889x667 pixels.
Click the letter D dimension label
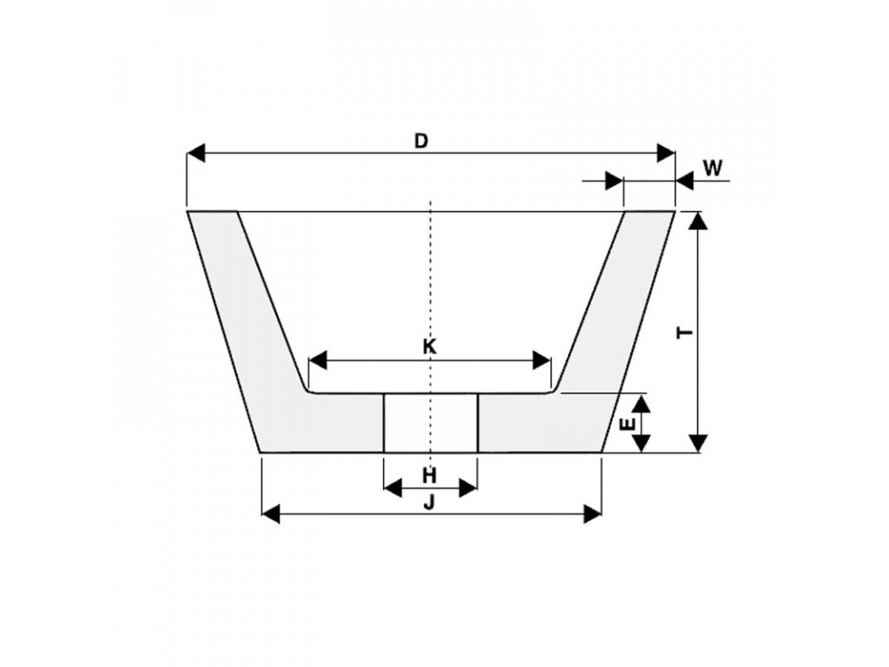[421, 141]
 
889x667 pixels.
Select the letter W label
[713, 168]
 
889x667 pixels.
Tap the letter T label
[686, 332]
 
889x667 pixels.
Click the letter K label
[430, 347]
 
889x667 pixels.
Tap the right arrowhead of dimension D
[666, 154]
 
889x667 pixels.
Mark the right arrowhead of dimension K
[543, 360]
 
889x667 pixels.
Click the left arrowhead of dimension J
[271, 513]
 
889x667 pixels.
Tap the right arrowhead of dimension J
[592, 513]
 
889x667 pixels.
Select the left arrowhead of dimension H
[392, 488]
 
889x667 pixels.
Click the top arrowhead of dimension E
[641, 403]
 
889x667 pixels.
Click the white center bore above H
[431, 422]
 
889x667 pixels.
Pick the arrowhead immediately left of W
[614, 182]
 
